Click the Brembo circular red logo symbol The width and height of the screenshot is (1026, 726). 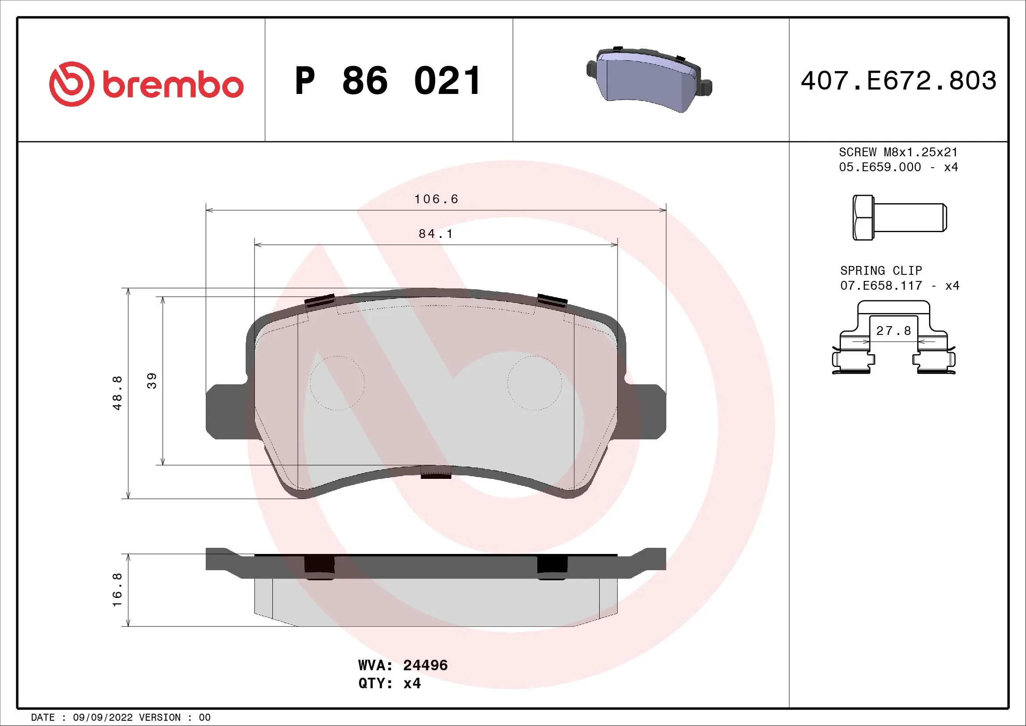tap(71, 84)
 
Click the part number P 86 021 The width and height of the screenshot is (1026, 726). tap(388, 81)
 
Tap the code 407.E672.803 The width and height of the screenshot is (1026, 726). tap(898, 81)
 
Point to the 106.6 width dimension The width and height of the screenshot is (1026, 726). tap(436, 199)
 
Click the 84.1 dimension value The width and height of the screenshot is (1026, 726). tap(436, 234)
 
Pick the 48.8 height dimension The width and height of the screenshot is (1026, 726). tap(117, 393)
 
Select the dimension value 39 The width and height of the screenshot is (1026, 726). tap(152, 381)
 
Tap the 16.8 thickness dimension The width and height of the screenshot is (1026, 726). tap(117, 589)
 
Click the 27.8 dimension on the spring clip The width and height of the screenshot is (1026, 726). tap(893, 331)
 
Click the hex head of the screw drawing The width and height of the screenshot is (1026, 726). tap(863, 218)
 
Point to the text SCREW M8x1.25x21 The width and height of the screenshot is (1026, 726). tap(898, 152)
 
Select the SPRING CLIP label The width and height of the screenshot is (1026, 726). tap(881, 271)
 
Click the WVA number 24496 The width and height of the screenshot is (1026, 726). tap(425, 665)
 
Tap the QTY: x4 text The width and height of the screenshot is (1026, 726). tap(389, 683)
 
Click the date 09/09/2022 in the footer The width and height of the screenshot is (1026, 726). tap(102, 718)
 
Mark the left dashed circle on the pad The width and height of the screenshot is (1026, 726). tap(337, 383)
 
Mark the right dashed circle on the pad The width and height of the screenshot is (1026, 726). tap(534, 383)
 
